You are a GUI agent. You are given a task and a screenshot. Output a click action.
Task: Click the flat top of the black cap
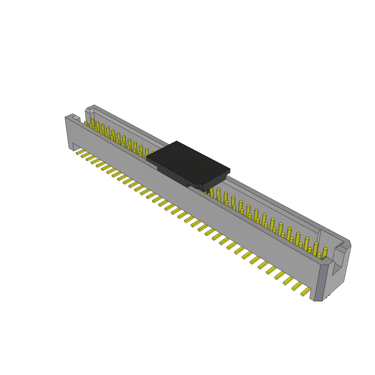[x=188, y=161]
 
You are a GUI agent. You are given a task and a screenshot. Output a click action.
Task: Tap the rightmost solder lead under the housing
[x=306, y=292]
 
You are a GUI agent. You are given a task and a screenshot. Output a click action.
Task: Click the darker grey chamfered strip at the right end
[x=319, y=282]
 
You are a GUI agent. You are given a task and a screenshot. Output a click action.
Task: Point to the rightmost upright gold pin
[x=324, y=253]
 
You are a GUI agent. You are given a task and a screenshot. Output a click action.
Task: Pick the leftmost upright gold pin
[x=86, y=123]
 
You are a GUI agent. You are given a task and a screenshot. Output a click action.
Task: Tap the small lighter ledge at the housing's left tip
[x=76, y=118]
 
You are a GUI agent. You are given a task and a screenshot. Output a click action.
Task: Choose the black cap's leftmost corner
[x=147, y=158]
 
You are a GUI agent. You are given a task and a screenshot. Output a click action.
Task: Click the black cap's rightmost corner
[x=230, y=169]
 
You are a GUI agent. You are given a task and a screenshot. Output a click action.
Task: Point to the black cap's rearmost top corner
[x=177, y=141]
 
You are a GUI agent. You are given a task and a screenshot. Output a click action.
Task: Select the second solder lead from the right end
[x=297, y=286]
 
